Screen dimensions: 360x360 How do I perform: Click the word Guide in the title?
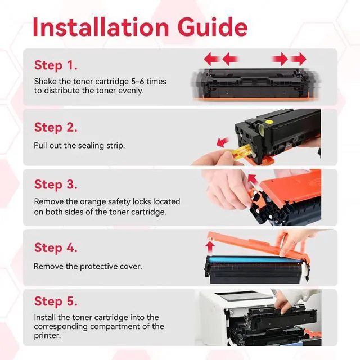click(x=213, y=27)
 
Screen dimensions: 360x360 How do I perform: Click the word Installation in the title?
click(x=101, y=27)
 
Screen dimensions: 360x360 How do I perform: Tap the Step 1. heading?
click(x=56, y=65)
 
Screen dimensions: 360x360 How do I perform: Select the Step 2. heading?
click(x=56, y=128)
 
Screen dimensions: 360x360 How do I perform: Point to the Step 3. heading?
click(x=56, y=184)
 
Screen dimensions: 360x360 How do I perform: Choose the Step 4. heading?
click(x=56, y=247)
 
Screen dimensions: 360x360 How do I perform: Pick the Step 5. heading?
click(x=56, y=301)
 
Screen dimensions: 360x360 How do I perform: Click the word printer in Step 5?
click(x=47, y=336)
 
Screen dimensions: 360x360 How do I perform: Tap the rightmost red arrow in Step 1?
click(x=298, y=59)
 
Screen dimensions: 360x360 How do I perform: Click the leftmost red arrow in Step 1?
click(x=212, y=59)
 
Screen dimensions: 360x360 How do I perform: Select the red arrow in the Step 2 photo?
click(x=223, y=142)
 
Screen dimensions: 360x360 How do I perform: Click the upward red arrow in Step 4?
click(x=210, y=247)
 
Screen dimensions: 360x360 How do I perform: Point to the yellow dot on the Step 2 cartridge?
click(x=269, y=121)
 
